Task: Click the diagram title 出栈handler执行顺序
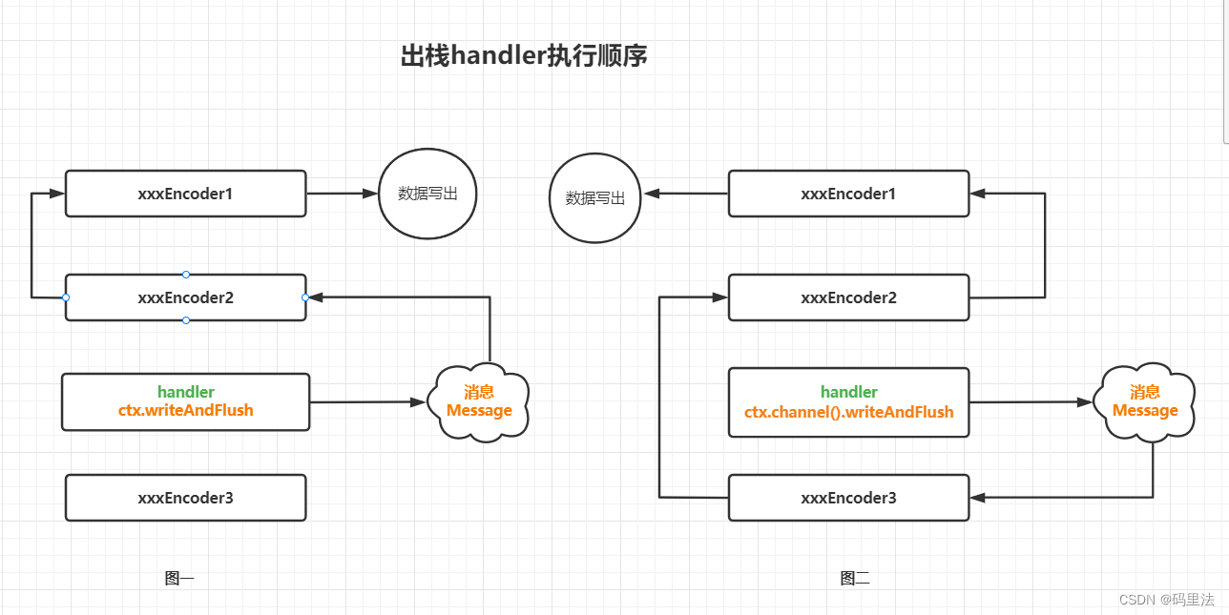(x=524, y=56)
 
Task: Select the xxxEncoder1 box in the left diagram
(x=185, y=194)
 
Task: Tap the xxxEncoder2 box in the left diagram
(x=185, y=297)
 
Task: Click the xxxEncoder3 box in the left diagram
(x=185, y=498)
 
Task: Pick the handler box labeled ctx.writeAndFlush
(x=185, y=402)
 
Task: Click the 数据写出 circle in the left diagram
(x=427, y=194)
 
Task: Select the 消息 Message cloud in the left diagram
(x=479, y=402)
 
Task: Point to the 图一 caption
(x=179, y=578)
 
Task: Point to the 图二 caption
(x=855, y=578)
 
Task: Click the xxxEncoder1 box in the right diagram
(x=848, y=194)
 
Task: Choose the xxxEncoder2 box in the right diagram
(x=848, y=297)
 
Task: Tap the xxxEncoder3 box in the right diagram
(x=848, y=498)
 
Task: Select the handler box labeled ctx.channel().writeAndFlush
(x=848, y=402)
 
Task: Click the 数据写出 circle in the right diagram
(x=594, y=198)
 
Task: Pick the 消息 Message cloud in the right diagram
(x=1144, y=401)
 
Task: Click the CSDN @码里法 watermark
(x=1166, y=600)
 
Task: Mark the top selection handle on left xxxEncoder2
(x=186, y=275)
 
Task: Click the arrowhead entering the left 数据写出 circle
(x=371, y=194)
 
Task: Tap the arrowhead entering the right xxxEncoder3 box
(x=977, y=498)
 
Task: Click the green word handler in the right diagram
(x=848, y=392)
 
